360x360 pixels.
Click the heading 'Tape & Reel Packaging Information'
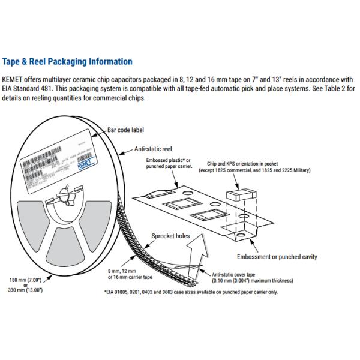[67, 61]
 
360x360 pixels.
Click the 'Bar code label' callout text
[126, 130]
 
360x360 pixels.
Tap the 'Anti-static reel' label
[153, 149]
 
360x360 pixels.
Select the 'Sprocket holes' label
[170, 236]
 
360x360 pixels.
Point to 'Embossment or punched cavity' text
[277, 257]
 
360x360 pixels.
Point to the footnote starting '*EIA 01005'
[191, 292]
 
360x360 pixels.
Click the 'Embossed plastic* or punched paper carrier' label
[169, 164]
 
